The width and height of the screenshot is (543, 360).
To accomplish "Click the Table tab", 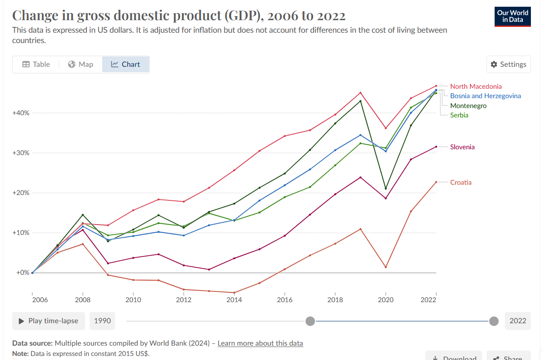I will tap(36, 64).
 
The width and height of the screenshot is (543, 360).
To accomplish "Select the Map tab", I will tap(81, 64).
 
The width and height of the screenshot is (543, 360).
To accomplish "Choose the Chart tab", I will tap(125, 64).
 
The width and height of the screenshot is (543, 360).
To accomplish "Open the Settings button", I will tap(509, 64).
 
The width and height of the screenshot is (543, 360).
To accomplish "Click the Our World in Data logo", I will tap(513, 16).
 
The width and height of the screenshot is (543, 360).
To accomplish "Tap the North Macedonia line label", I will tap(476, 86).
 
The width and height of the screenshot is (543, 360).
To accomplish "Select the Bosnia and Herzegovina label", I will tap(485, 96).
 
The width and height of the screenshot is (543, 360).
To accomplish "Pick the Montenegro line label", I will tap(468, 106).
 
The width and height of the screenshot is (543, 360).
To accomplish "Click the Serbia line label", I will tap(459, 115).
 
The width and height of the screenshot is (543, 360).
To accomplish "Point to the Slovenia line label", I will tap(462, 147).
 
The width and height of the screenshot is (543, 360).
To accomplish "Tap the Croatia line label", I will tap(461, 182).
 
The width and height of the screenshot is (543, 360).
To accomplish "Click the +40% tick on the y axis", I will tap(21, 113).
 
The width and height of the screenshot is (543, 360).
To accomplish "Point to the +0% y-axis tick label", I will tap(23, 273).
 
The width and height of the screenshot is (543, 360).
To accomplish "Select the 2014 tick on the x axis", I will tap(234, 299).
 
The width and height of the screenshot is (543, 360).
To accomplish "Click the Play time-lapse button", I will tap(48, 321).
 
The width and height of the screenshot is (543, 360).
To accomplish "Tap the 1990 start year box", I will tap(102, 321).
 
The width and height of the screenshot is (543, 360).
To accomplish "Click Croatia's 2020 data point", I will tap(386, 267).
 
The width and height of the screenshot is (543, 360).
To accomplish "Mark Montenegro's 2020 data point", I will tap(386, 189).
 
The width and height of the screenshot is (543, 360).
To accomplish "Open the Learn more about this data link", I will tap(260, 343).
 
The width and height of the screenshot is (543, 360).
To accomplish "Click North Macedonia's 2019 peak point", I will tap(361, 93).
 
